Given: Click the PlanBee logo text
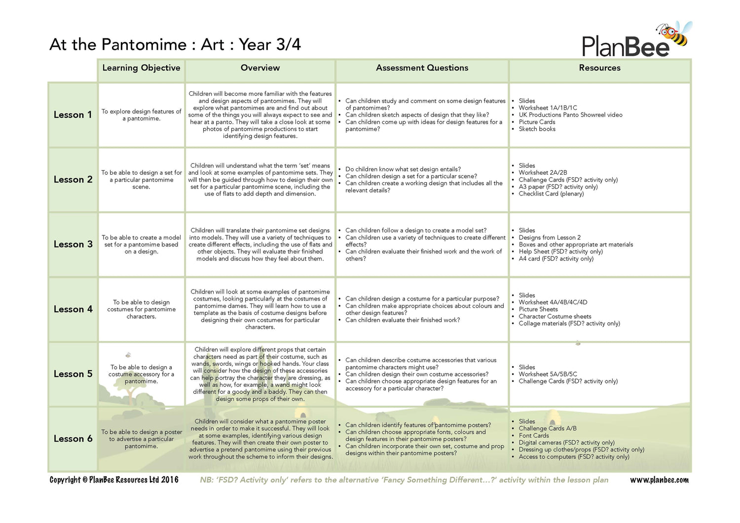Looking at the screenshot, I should (625, 46).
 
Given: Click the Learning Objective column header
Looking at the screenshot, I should (141, 68).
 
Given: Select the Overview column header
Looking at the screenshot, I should (260, 68).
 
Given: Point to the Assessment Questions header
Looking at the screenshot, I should (422, 68).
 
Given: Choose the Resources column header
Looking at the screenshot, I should (599, 68).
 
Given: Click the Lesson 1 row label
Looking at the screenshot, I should (73, 115).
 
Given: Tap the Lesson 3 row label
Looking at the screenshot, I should (73, 244).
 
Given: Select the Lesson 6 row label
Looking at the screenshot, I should (73, 439).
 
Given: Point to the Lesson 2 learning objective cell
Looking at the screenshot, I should (142, 180).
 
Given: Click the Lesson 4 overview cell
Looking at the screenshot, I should (260, 309).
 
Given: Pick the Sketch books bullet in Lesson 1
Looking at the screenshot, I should (537, 129).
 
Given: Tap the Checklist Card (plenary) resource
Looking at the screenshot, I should (551, 194).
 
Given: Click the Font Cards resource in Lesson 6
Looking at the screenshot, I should (533, 436).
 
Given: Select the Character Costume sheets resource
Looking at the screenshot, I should (555, 317).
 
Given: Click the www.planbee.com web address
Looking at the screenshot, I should (659, 480).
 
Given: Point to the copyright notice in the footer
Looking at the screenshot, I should (114, 480).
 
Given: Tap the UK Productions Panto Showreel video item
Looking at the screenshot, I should (570, 115).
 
